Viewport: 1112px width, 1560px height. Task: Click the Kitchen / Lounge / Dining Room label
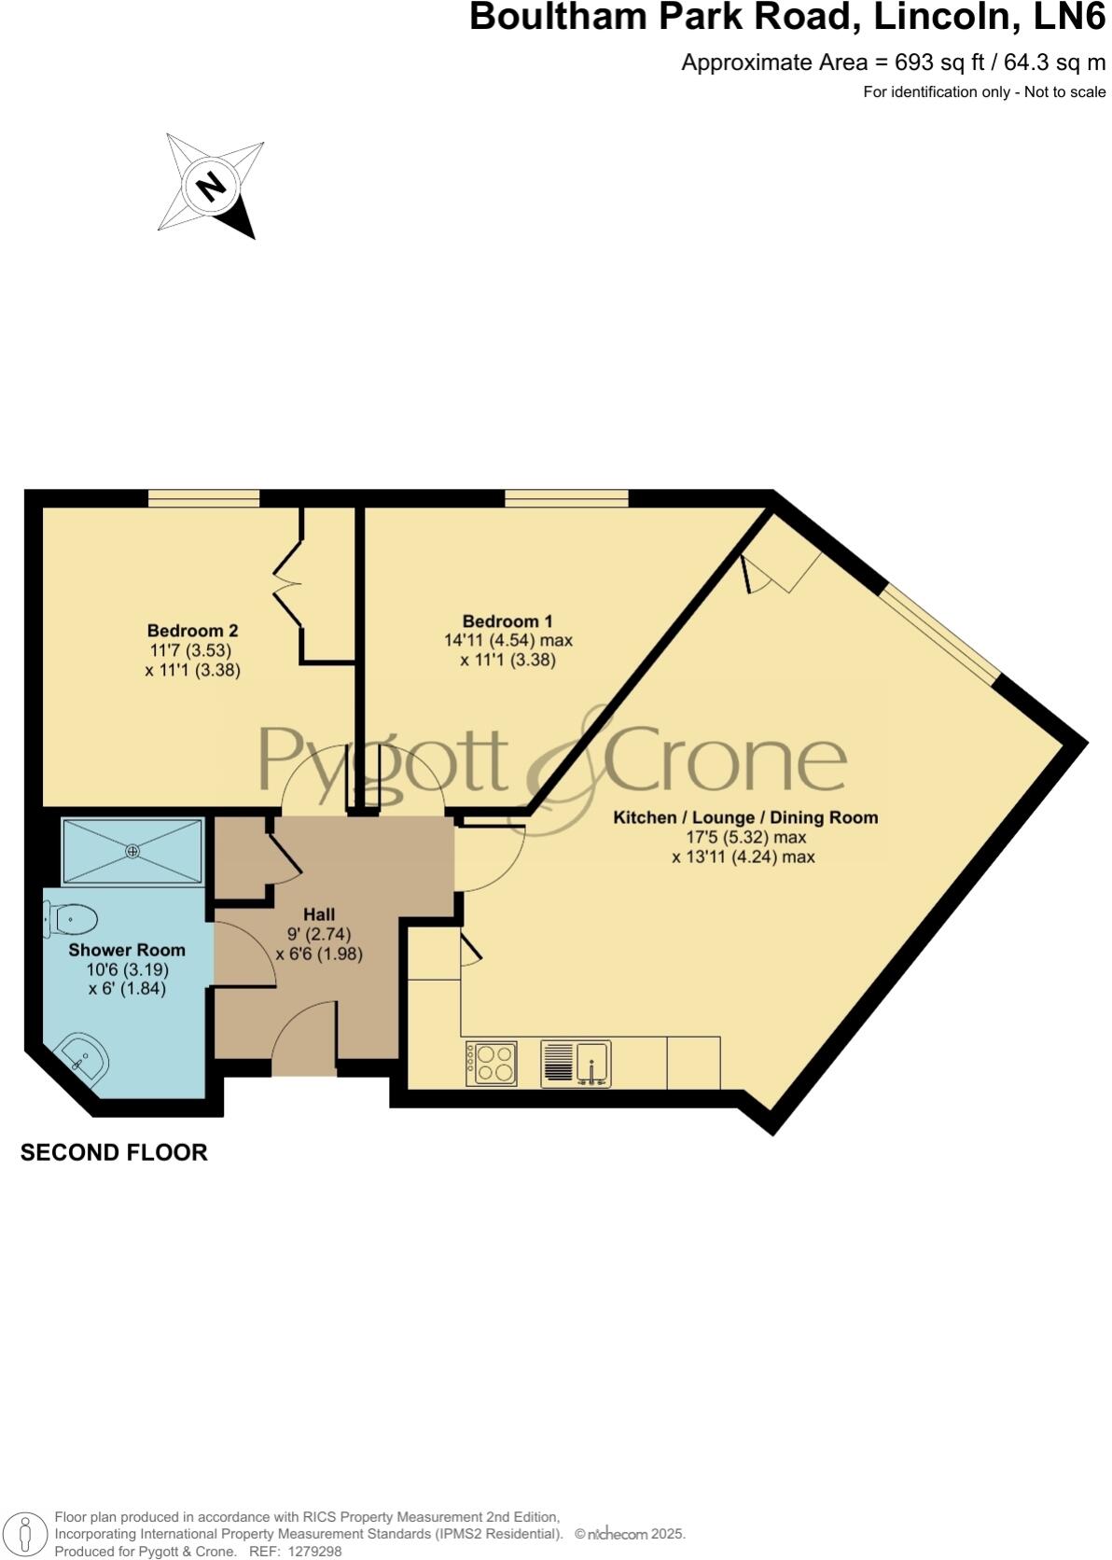(x=745, y=817)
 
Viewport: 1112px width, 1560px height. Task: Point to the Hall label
(x=319, y=914)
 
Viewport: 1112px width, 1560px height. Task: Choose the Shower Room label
(x=127, y=950)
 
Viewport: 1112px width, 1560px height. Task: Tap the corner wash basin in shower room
(x=84, y=1060)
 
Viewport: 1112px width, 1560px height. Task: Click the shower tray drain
(x=132, y=850)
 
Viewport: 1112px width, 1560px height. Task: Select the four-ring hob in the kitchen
(x=492, y=1063)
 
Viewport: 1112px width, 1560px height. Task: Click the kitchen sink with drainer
(x=576, y=1064)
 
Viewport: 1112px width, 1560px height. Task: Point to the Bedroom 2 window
(x=203, y=498)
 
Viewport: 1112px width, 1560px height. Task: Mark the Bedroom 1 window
(x=566, y=498)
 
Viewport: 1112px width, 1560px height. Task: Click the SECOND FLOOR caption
(x=114, y=1152)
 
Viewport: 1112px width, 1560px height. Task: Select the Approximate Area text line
(x=893, y=63)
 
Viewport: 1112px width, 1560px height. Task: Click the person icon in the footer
(x=27, y=1534)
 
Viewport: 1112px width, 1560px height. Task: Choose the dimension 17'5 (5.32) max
(x=745, y=837)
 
